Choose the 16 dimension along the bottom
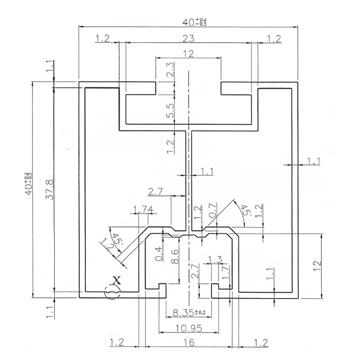pos(188,343)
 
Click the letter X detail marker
pos(116,280)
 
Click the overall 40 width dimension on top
pos(189,21)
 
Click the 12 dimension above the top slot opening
pos(188,53)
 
